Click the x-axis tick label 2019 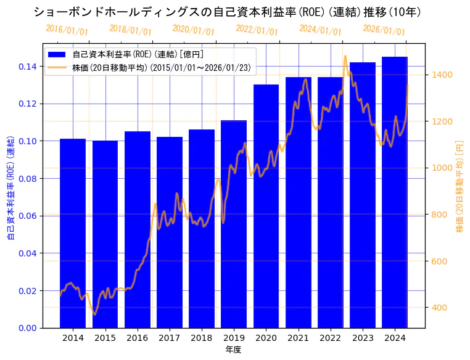tap(234, 338)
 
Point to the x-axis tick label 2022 tap(330, 338)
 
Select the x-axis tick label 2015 tap(105, 338)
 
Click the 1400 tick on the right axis tap(443, 75)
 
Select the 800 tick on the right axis tap(440, 215)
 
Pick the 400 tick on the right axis tap(440, 308)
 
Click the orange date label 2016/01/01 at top tap(67, 30)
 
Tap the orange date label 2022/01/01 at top tap(257, 30)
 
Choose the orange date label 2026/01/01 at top tap(384, 30)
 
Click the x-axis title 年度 tap(234, 350)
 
